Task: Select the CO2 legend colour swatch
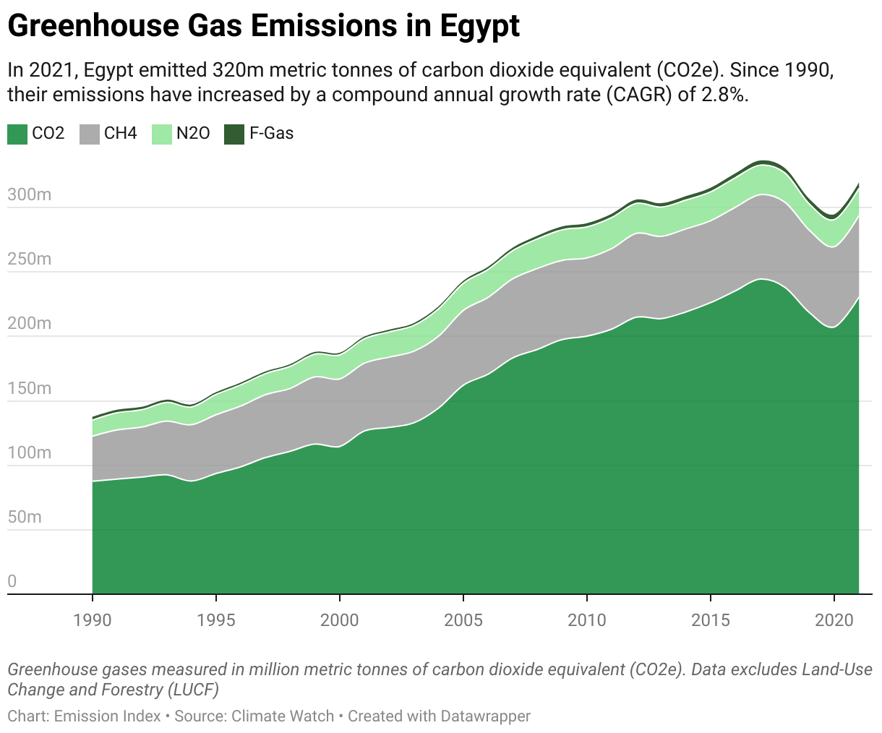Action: coord(17,134)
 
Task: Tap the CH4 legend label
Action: coord(121,134)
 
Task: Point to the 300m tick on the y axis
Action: coord(30,194)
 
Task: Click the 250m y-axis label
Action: coord(30,259)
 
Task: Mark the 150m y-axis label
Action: coord(30,388)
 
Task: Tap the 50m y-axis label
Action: coord(25,517)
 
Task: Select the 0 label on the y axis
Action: coord(12,581)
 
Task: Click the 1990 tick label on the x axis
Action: coord(93,620)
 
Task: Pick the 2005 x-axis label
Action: coord(463,620)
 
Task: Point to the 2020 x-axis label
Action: coord(834,620)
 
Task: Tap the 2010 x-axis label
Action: coord(587,620)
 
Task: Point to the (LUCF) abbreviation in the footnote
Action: coord(193,689)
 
